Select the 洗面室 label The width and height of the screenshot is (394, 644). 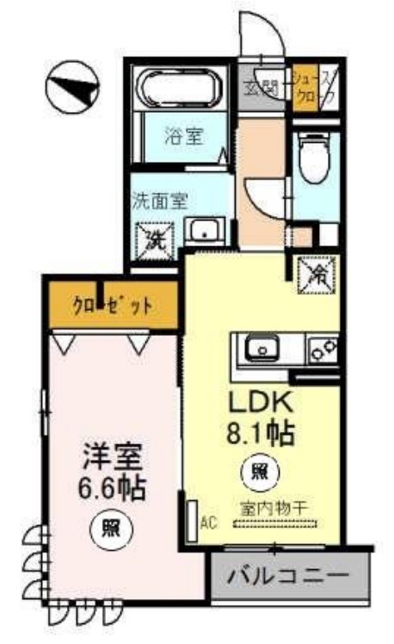point(159,200)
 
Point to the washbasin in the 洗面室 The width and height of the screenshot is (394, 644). point(204,230)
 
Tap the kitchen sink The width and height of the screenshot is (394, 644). point(258,350)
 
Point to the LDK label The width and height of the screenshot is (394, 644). point(261,402)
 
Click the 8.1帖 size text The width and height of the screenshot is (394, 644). point(261,431)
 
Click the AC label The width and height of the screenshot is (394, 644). point(207,522)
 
